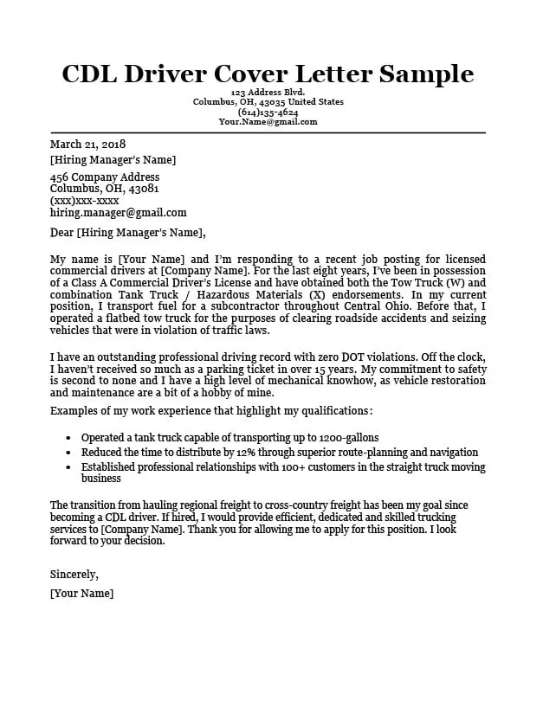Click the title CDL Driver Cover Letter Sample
point(268,74)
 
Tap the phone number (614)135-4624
point(268,113)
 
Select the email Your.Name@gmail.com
point(268,122)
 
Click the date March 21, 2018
point(87,145)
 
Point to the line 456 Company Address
point(104,177)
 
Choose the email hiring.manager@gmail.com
point(118,212)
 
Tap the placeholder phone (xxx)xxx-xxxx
point(84,200)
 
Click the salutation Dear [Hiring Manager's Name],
point(128,232)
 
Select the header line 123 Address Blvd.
point(268,93)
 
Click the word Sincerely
point(74,574)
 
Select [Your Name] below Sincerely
point(81,594)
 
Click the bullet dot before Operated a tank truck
point(68,439)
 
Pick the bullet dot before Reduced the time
point(68,453)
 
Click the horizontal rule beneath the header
point(268,132)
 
